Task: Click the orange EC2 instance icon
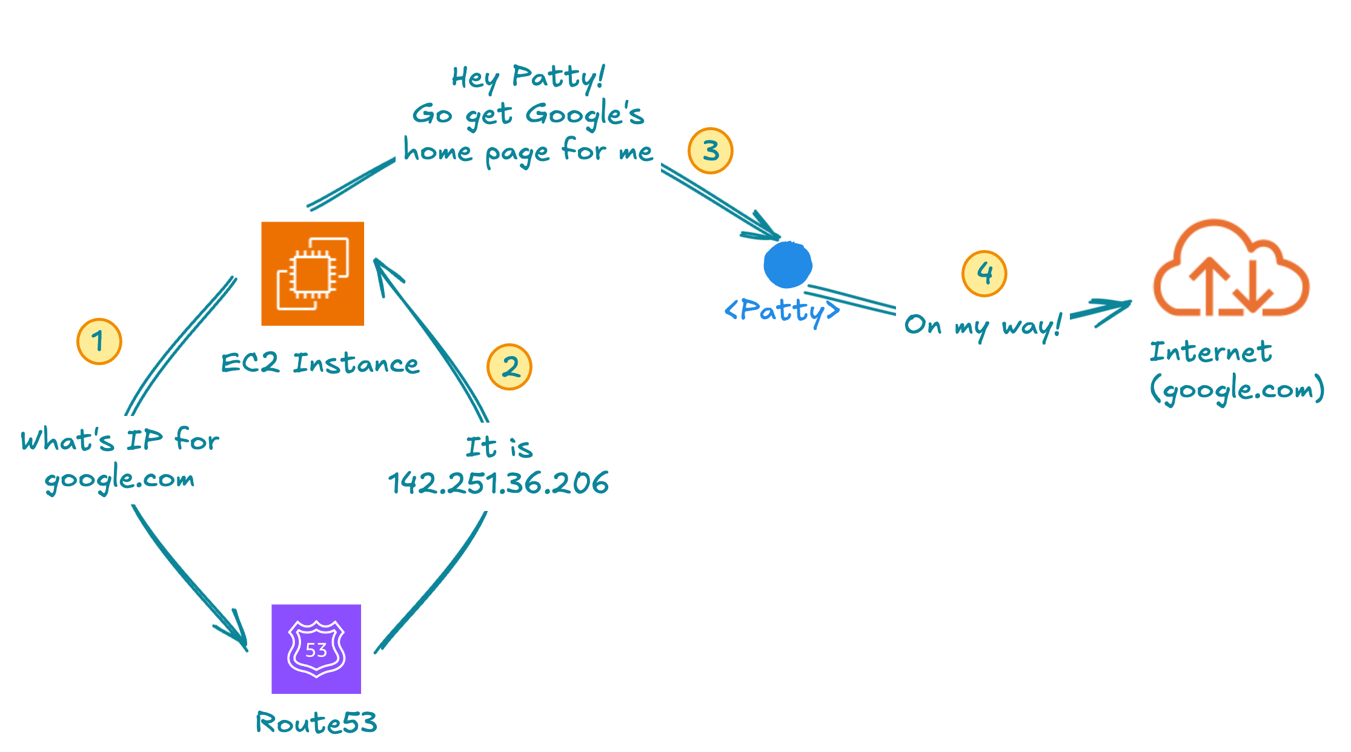point(313,274)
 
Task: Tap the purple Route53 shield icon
point(316,649)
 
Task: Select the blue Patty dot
point(788,265)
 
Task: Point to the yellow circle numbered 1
point(99,341)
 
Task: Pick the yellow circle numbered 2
point(510,367)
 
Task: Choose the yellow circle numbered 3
point(711,151)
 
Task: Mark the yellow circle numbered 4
point(984,274)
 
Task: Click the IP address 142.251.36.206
point(498,483)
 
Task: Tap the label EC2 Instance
point(320,363)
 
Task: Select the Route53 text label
point(316,722)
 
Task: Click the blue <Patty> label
point(782,311)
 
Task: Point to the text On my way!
point(983,326)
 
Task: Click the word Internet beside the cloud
point(1210,352)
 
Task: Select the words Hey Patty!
point(528,78)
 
